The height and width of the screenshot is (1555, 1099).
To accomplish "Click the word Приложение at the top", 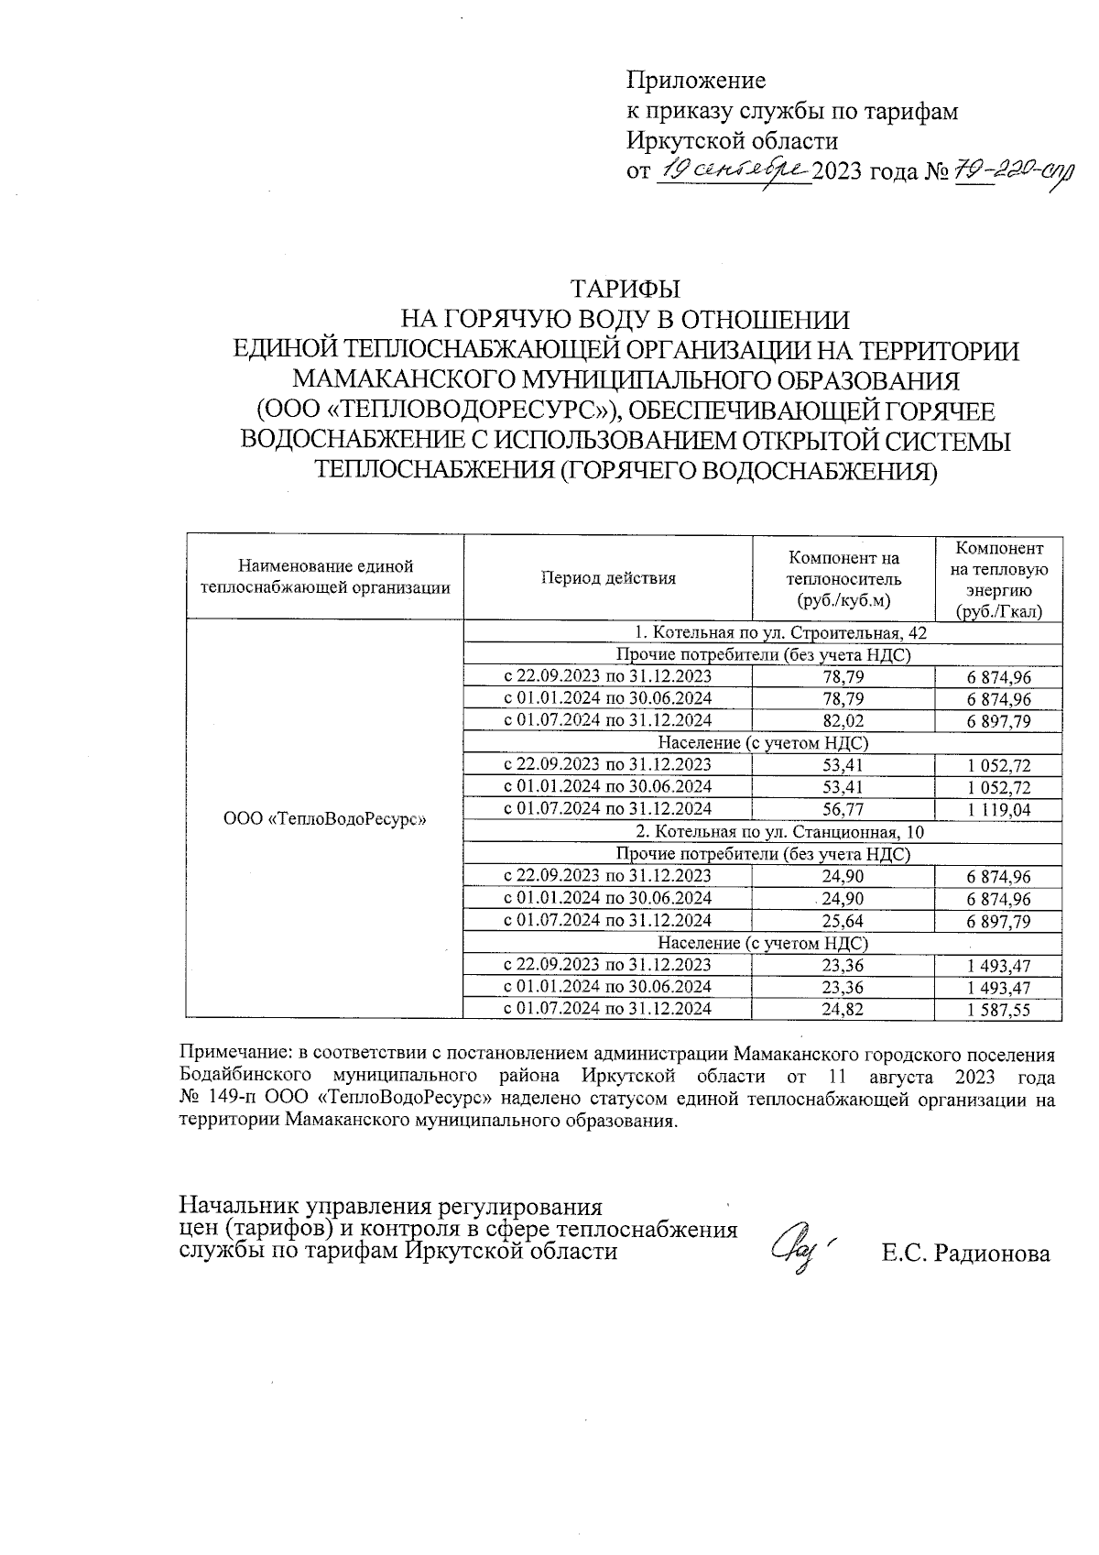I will pyautogui.click(x=695, y=81).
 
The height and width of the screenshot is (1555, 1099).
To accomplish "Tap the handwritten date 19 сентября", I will pyautogui.click(x=733, y=170).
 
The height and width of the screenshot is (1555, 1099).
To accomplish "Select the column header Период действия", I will pyautogui.click(x=608, y=577).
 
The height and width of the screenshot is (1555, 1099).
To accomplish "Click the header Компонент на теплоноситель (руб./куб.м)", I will pyautogui.click(x=843, y=578).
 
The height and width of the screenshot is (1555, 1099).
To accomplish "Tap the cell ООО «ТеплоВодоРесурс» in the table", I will pyautogui.click(x=325, y=818).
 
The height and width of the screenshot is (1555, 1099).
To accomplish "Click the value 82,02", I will pyautogui.click(x=843, y=720).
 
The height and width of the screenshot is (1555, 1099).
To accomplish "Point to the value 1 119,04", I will pyautogui.click(x=998, y=810).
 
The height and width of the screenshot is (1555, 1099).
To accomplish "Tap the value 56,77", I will pyautogui.click(x=843, y=809).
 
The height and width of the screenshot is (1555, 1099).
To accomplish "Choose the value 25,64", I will pyautogui.click(x=843, y=921).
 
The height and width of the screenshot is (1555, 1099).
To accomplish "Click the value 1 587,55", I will pyautogui.click(x=998, y=1010).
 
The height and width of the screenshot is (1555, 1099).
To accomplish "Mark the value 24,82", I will pyautogui.click(x=843, y=1009).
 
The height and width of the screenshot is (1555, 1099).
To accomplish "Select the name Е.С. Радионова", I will pyautogui.click(x=965, y=1254).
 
